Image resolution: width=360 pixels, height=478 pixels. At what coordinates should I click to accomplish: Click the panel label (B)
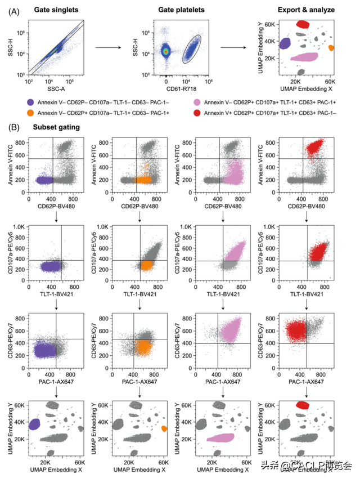(13, 127)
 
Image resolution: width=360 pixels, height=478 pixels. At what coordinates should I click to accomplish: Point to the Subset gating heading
(56, 127)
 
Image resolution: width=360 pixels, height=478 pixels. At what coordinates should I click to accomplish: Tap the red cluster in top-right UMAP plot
(304, 24)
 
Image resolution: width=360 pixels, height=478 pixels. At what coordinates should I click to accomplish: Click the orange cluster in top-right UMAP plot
(331, 48)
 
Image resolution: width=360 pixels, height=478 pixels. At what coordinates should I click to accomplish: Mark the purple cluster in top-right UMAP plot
(285, 43)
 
